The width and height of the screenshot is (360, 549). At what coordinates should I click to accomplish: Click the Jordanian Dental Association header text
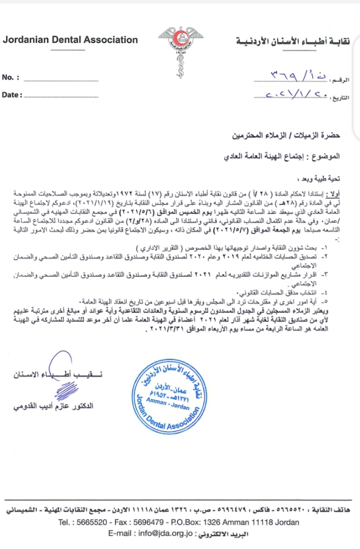70,40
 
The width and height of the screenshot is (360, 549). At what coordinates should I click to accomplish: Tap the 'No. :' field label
11,77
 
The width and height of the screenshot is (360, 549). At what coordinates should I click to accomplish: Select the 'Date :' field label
13,95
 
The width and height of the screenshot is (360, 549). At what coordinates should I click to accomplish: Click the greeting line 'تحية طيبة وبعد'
319,179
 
